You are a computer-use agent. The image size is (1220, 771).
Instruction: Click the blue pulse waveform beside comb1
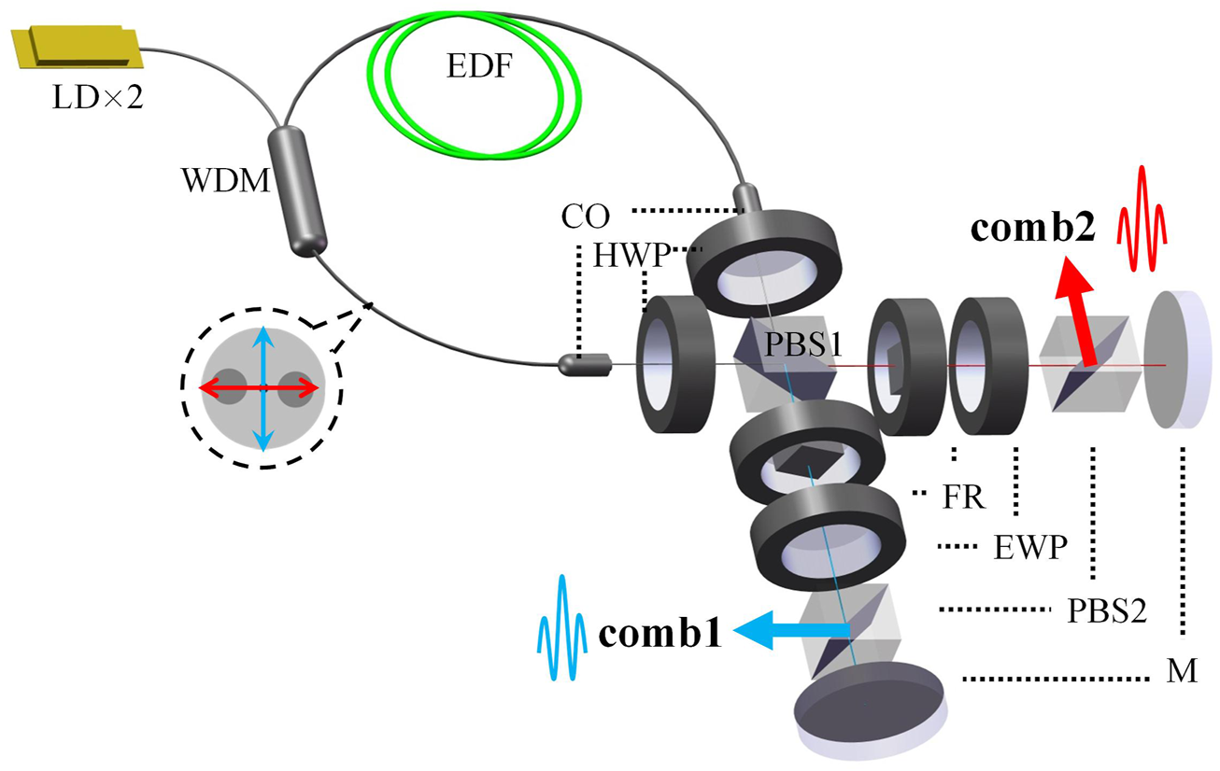(x=560, y=627)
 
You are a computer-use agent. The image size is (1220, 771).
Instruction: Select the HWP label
(x=626, y=254)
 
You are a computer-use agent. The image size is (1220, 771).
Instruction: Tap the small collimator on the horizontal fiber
(x=584, y=365)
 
